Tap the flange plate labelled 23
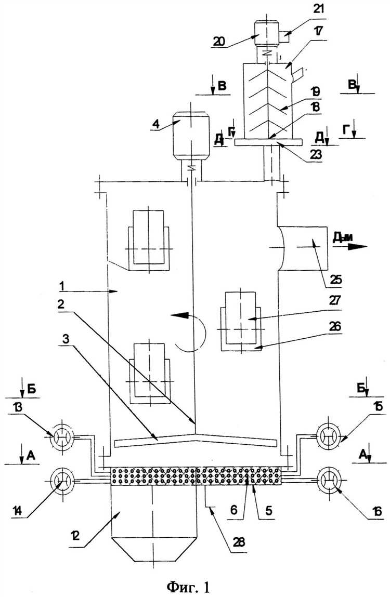[x=268, y=142]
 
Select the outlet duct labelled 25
[x=303, y=248]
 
